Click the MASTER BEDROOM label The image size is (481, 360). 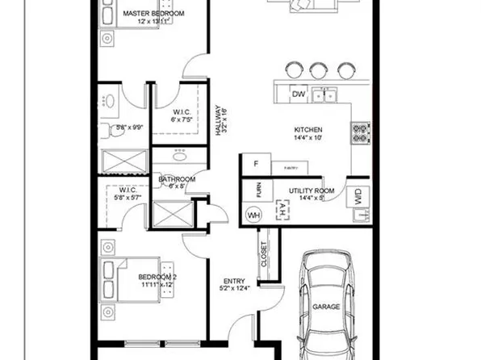(x=153, y=14)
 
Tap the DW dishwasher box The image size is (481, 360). (x=298, y=94)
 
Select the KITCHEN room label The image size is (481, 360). (x=307, y=130)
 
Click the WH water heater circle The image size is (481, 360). (x=253, y=216)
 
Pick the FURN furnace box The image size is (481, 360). (x=258, y=191)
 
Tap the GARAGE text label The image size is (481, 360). (x=325, y=308)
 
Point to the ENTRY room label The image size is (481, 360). (x=234, y=281)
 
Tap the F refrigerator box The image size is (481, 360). (x=255, y=164)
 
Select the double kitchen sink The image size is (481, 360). (x=325, y=96)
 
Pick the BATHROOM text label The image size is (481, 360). (x=176, y=179)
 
